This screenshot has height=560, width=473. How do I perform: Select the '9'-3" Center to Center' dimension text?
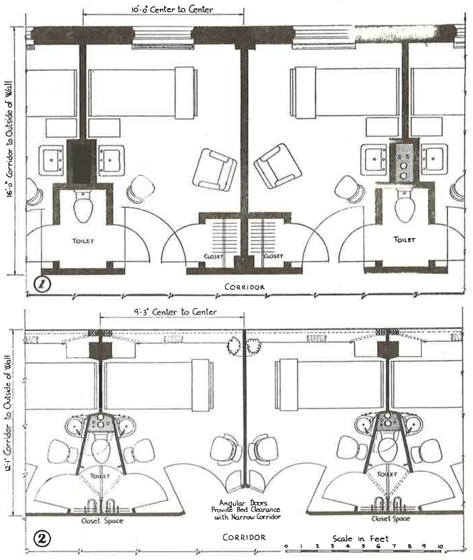click(175, 312)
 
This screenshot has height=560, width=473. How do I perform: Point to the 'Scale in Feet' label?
click(360, 539)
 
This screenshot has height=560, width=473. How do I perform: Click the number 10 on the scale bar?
click(440, 546)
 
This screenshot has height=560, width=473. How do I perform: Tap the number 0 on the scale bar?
click(286, 546)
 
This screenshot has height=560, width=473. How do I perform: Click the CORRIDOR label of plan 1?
click(244, 287)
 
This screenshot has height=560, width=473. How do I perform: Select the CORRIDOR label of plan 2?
click(244, 537)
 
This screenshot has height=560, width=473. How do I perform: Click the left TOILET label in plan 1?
click(83, 241)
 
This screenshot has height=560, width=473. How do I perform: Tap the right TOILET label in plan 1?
click(404, 239)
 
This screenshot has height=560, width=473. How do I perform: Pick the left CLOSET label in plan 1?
click(213, 256)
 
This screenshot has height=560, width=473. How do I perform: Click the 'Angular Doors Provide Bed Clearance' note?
click(246, 510)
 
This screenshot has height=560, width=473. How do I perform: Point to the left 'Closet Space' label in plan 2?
click(102, 521)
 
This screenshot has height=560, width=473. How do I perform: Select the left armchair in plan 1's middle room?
click(215, 169)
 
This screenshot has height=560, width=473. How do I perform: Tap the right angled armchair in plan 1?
click(277, 166)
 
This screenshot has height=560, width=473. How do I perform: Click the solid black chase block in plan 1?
click(81, 161)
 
